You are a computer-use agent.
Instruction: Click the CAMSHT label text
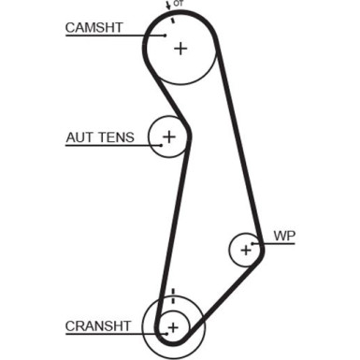pyautogui.click(x=94, y=27)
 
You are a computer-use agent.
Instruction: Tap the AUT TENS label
pyautogui.click(x=100, y=137)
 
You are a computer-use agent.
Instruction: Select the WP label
pyautogui.click(x=283, y=236)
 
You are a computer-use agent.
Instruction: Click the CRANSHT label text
pyautogui.click(x=97, y=325)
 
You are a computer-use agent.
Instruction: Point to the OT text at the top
pyautogui.click(x=179, y=6)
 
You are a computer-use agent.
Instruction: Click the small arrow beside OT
pyautogui.click(x=170, y=6)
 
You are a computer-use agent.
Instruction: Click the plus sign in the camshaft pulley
pyautogui.click(x=180, y=48)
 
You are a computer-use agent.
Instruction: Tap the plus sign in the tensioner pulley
pyautogui.click(x=168, y=137)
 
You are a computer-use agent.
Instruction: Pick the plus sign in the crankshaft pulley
pyautogui.click(x=172, y=326)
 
